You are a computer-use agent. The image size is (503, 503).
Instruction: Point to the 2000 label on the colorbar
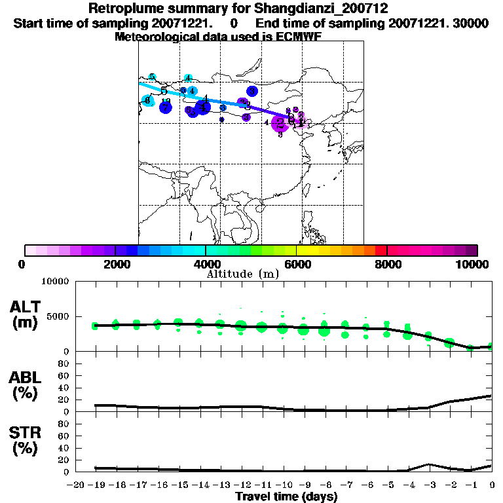115,264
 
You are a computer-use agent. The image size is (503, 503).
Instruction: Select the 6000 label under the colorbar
296,264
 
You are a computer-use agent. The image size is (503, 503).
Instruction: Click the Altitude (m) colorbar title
242,274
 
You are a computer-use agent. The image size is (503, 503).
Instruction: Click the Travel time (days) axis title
286,497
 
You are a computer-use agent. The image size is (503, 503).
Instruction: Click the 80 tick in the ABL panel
64,363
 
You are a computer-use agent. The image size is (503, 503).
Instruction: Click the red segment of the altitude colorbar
381,250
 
